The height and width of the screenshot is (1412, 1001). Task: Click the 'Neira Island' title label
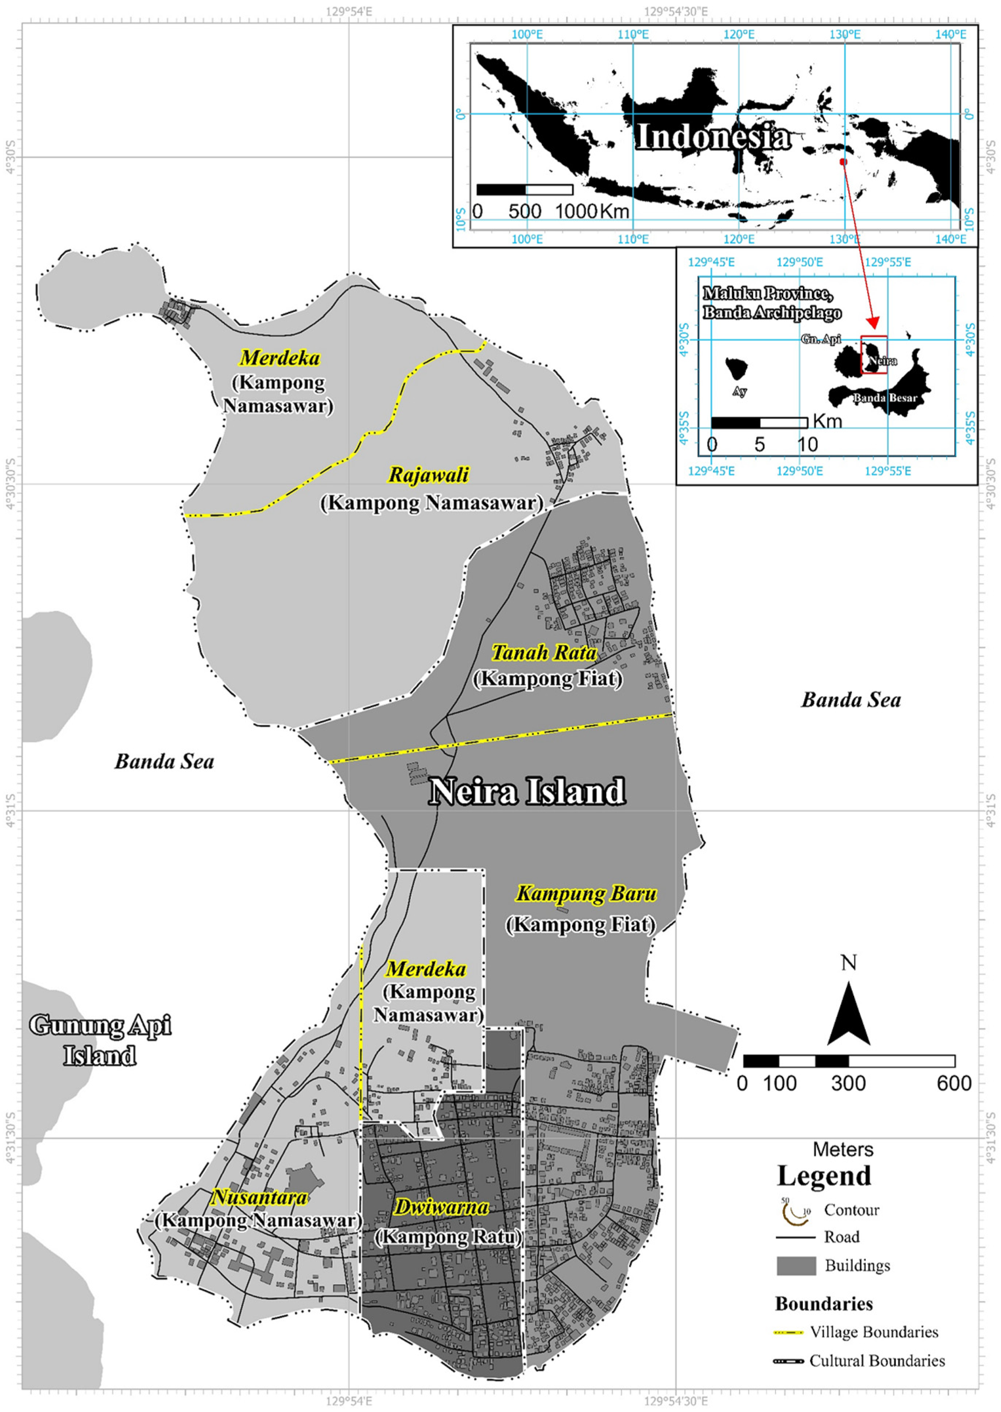527,791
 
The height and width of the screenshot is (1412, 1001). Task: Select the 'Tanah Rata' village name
544,652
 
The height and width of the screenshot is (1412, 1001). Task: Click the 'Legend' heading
824,1176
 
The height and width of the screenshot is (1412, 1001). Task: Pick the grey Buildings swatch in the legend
796,1266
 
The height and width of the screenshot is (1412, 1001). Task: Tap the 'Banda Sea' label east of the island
850,700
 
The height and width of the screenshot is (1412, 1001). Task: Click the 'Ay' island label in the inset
740,392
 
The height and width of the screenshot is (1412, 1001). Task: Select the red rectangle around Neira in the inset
874,355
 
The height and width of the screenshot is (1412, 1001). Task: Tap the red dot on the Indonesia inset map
843,162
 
